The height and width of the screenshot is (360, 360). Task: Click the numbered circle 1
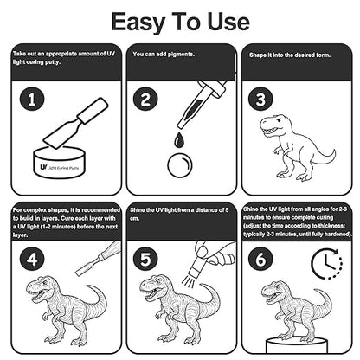[x=32, y=100]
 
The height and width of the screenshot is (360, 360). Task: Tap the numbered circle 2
[x=145, y=100]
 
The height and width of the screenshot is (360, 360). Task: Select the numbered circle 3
[x=260, y=100]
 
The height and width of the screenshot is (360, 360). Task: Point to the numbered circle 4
[x=32, y=259]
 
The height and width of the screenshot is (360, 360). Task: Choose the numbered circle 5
[x=145, y=259]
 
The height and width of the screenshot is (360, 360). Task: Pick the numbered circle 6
[x=260, y=259]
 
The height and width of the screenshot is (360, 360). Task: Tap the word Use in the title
[x=228, y=22]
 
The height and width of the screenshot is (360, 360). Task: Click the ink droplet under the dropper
[x=178, y=140]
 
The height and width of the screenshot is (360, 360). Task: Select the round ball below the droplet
[x=179, y=166]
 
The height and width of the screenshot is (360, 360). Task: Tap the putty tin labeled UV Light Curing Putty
[x=61, y=162]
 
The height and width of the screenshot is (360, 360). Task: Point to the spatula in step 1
[x=75, y=123]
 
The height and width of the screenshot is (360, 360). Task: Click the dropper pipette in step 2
[x=202, y=105]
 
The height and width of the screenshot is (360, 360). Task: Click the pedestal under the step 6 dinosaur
[x=297, y=345]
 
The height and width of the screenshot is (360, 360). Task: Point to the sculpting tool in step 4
[x=99, y=257]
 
